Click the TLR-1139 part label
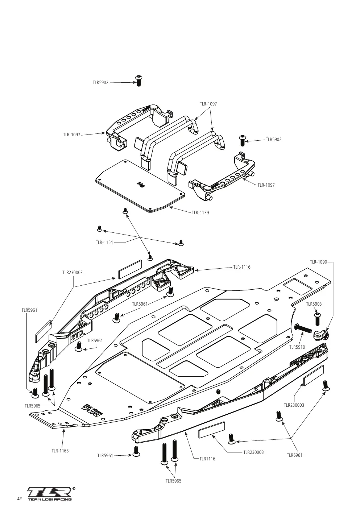[x=200, y=213]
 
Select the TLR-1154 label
[x=104, y=243]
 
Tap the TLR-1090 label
[x=318, y=262]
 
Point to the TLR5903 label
[x=314, y=304]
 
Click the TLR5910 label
[x=297, y=347]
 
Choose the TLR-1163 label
[x=60, y=451]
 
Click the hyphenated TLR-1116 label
[x=242, y=267]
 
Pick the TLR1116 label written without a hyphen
[x=207, y=459]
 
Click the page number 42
[x=20, y=497]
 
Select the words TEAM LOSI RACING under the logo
[x=50, y=498]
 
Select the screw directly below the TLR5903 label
[x=317, y=319]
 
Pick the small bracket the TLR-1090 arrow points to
[x=321, y=335]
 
